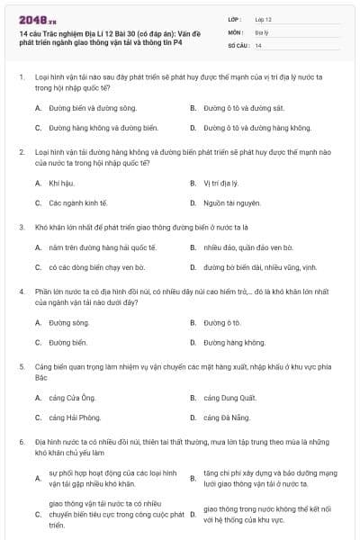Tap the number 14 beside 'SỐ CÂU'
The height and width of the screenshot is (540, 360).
tap(259, 44)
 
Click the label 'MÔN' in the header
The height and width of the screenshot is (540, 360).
tap(236, 31)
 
